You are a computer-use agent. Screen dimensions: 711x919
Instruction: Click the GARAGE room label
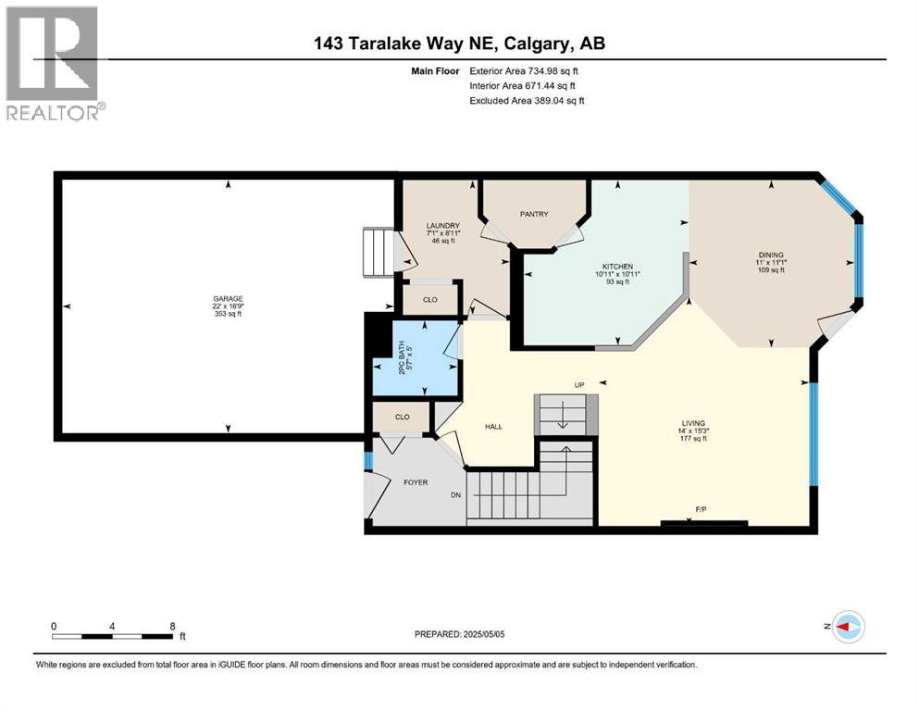[227, 298]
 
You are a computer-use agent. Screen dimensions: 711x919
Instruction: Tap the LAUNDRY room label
[442, 226]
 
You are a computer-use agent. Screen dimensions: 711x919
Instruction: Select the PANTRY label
[534, 214]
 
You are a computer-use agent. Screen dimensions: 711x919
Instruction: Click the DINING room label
[770, 255]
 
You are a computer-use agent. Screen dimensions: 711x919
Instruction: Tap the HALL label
[493, 426]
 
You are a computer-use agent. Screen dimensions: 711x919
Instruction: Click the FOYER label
[415, 481]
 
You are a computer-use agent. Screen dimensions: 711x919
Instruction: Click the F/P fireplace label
[701, 508]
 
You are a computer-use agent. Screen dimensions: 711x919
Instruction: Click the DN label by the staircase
[456, 495]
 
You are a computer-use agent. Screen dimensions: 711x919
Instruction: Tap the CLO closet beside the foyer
[402, 418]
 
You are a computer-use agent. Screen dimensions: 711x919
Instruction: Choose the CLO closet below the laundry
[429, 299]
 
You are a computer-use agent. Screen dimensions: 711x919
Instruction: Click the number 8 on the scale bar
[172, 626]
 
